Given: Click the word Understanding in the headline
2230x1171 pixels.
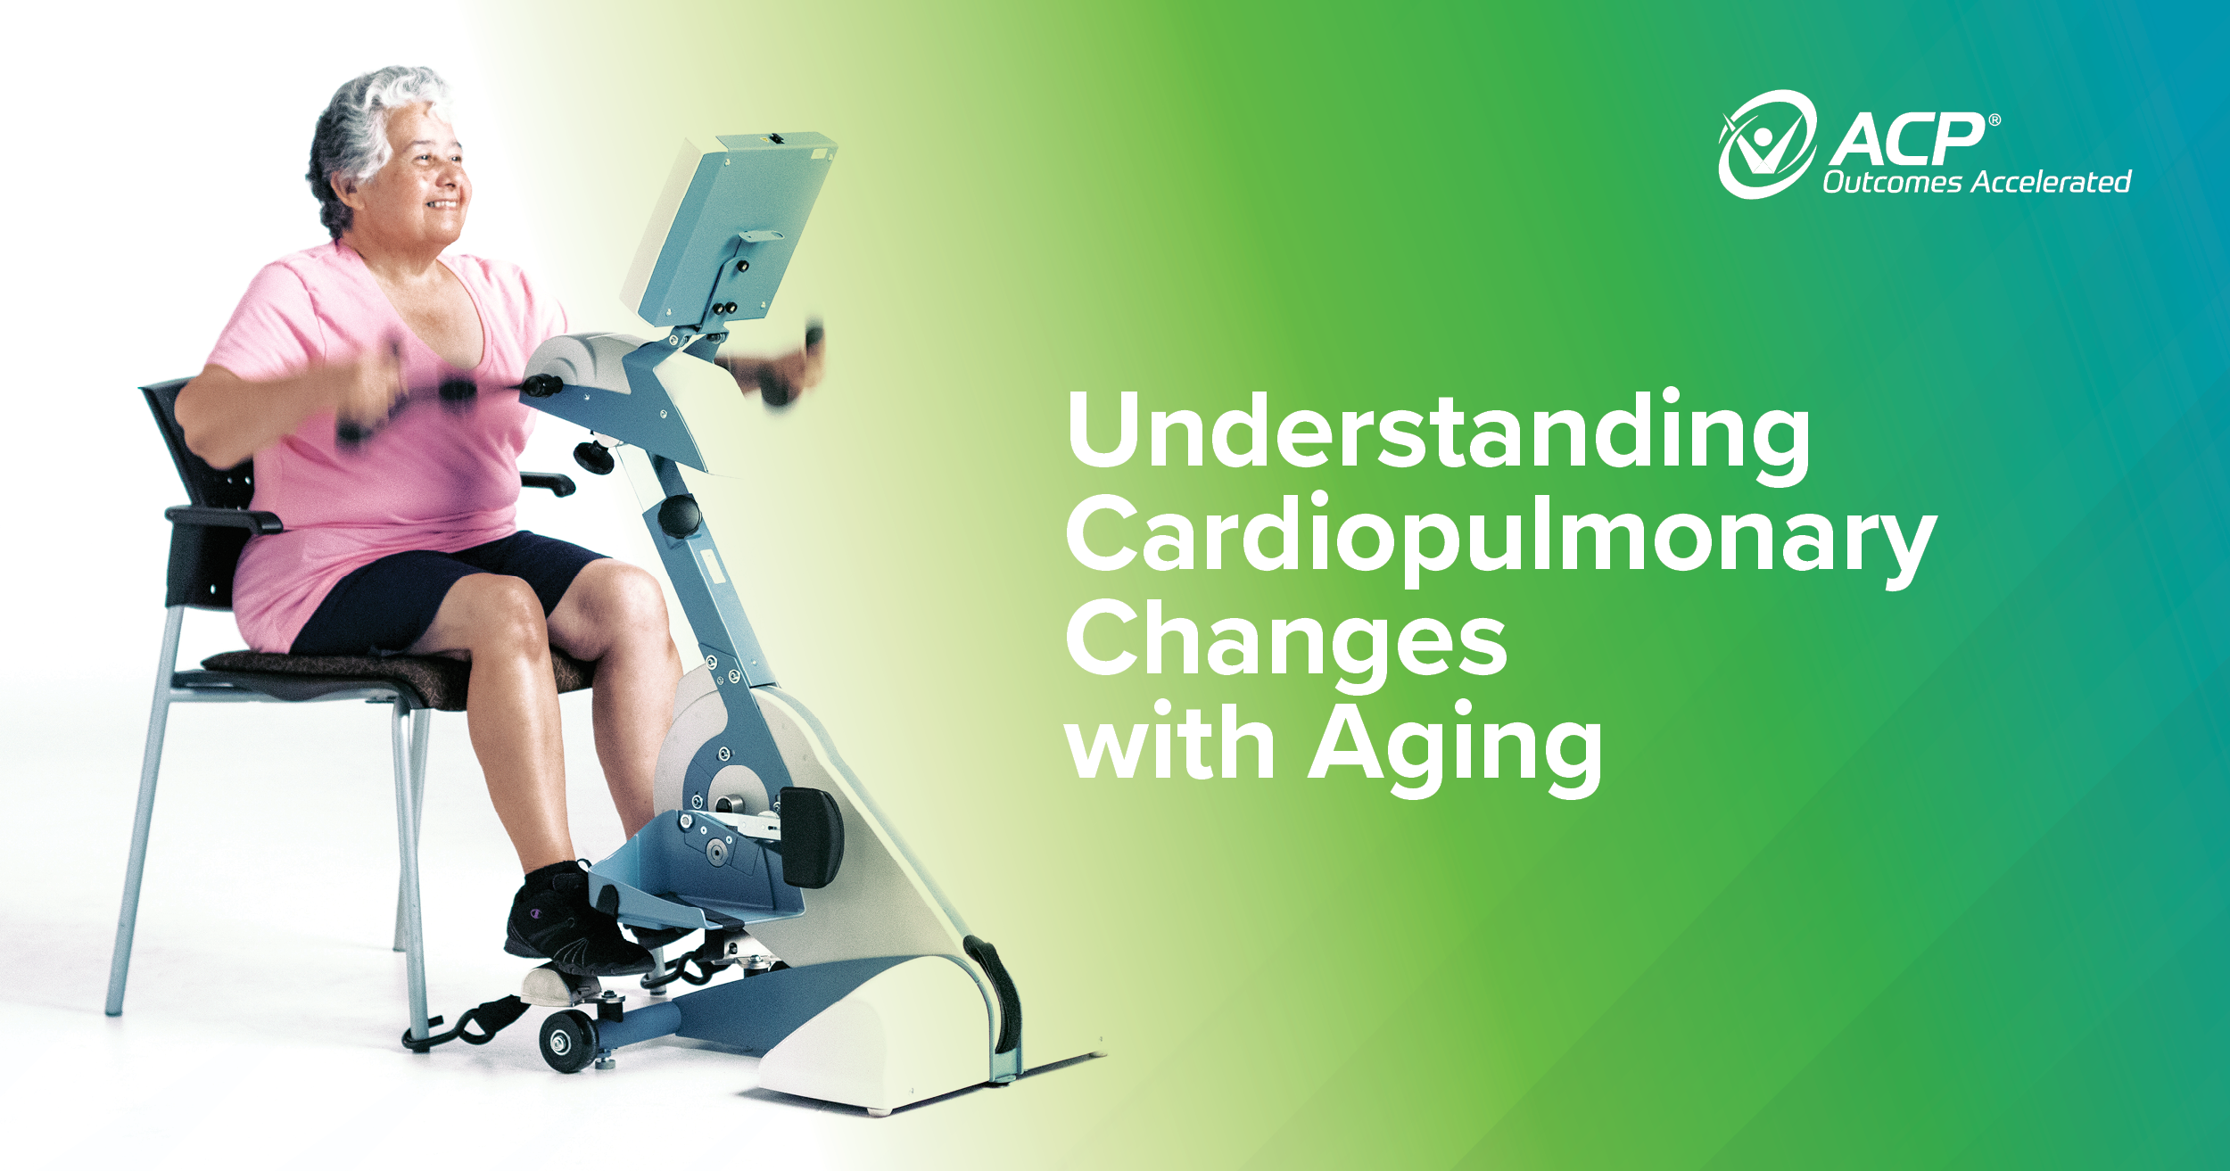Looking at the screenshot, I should [1438, 433].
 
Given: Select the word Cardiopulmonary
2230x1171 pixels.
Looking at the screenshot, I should [1500, 537].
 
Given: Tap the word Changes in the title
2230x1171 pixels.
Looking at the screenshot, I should [1286, 640].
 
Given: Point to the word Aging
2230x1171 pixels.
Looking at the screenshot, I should [1456, 746].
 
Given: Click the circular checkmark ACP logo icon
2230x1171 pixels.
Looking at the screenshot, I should [1766, 144].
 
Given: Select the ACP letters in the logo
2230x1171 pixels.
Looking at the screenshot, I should [1909, 141].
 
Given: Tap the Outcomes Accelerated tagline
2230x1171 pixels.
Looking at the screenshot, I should [1976, 183].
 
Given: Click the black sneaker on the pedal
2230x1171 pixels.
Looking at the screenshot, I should [571, 928].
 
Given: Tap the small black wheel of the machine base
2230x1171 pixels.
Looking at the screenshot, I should [567, 1039].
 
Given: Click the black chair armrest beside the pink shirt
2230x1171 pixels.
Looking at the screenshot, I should [223, 517].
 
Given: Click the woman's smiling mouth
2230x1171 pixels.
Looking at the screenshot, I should [443, 205].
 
